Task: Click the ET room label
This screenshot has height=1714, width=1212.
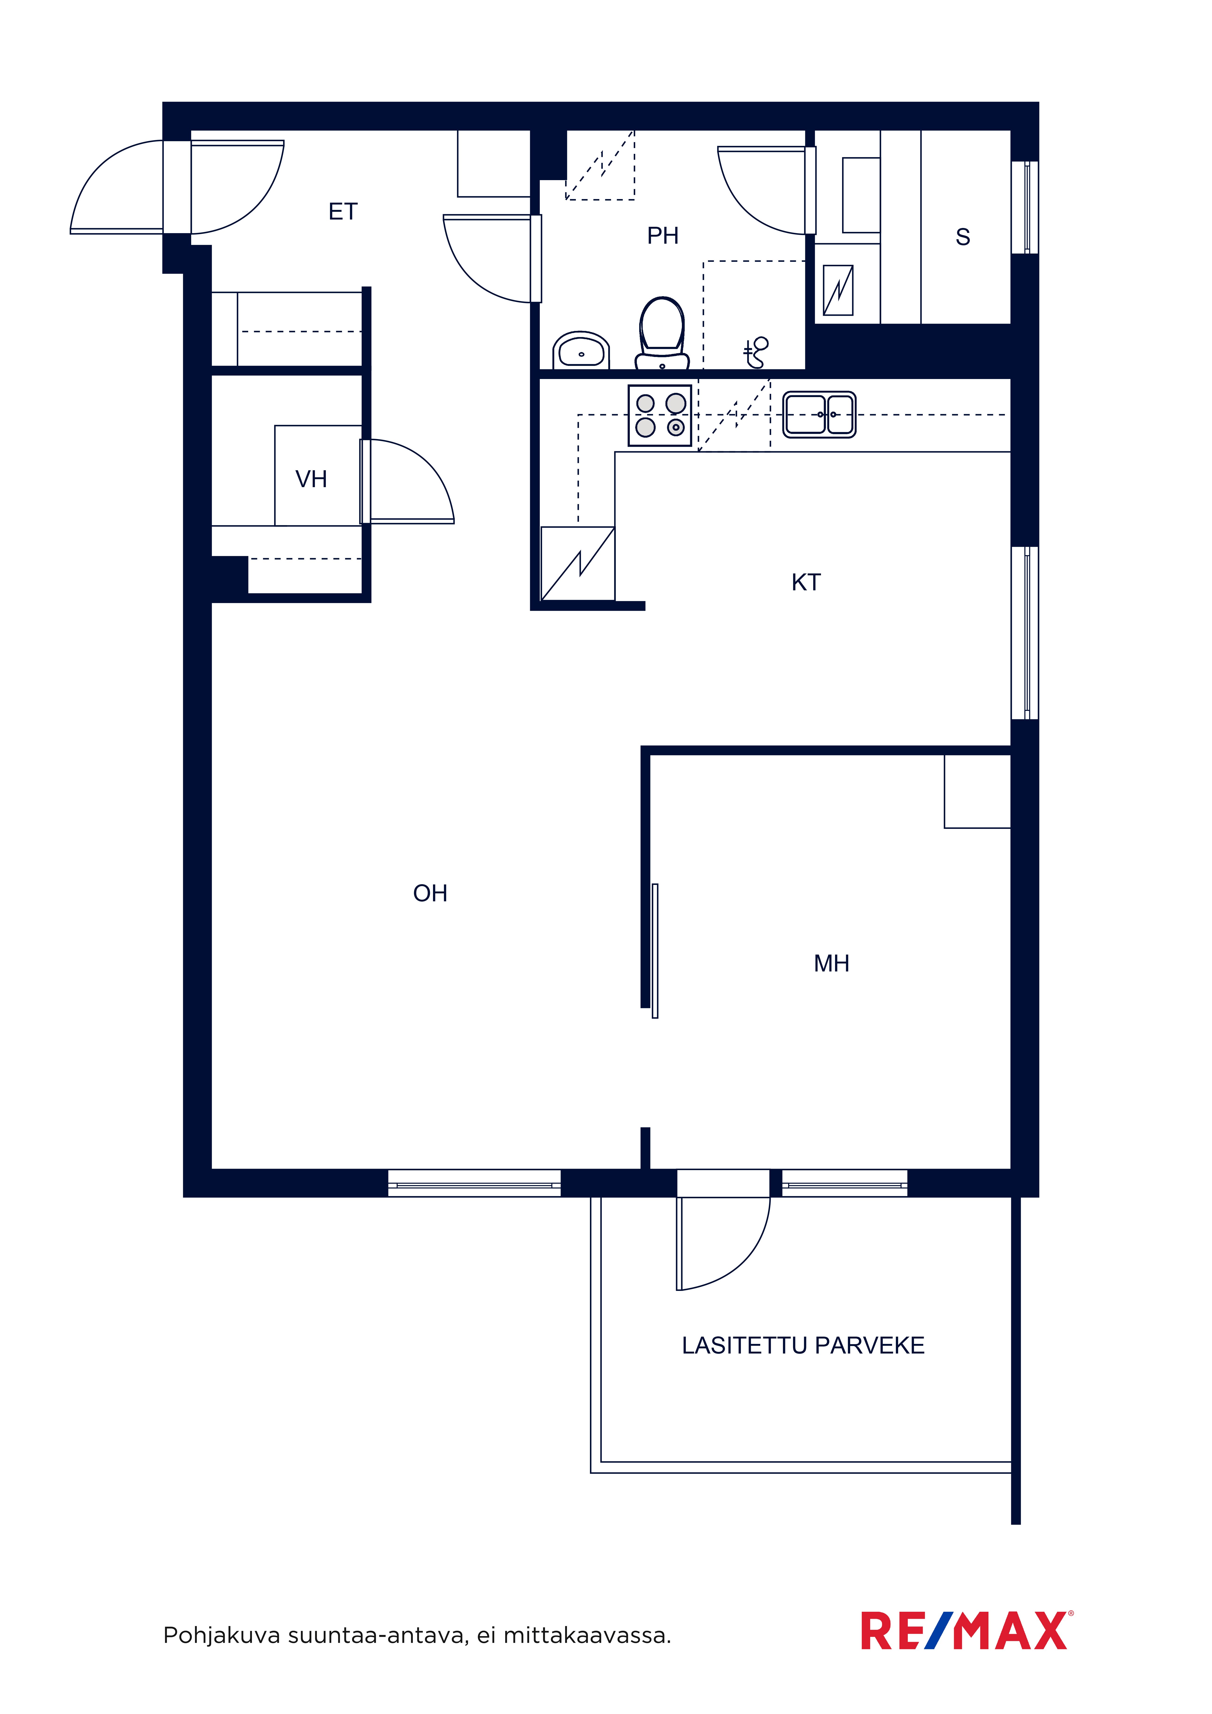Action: click(343, 212)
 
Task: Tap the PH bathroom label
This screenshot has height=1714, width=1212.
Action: click(662, 236)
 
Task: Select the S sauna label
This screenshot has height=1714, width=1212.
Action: click(963, 237)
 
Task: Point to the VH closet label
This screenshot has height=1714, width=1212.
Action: click(312, 479)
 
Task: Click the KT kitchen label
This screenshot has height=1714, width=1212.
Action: click(806, 582)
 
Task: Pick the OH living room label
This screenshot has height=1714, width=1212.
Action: click(430, 894)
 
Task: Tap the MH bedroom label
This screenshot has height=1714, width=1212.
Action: click(831, 964)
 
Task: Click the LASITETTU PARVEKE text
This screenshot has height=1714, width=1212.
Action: click(803, 1345)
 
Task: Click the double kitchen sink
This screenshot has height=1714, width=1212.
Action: click(819, 414)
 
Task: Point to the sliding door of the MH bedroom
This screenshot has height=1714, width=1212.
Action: click(655, 951)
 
